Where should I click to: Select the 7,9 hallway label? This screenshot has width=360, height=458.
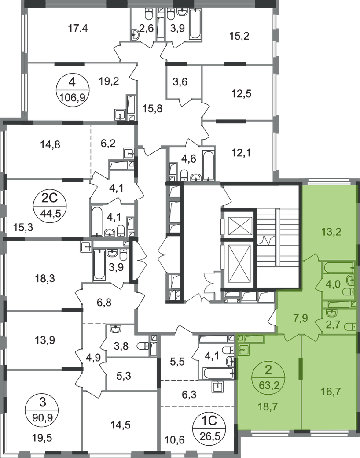(301, 318)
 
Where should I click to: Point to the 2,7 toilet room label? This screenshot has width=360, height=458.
(332, 326)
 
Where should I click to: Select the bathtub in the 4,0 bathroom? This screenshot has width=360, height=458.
(338, 267)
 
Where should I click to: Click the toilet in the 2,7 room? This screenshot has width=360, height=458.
(351, 326)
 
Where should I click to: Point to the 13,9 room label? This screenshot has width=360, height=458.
(46, 339)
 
